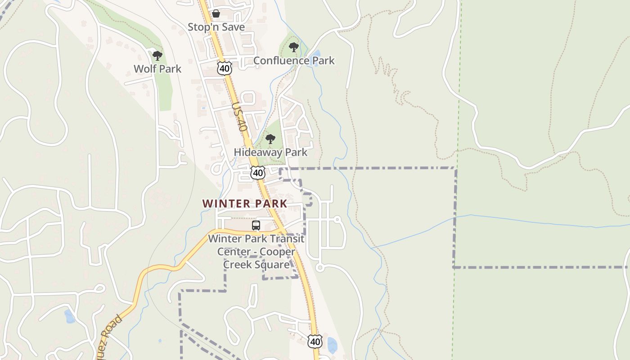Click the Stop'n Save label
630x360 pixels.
(216, 27)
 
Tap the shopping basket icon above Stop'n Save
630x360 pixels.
(216, 13)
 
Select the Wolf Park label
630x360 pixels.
(157, 69)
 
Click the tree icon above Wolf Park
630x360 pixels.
(157, 56)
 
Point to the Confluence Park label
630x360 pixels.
(294, 60)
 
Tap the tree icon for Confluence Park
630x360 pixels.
(294, 47)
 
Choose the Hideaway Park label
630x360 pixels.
(270, 152)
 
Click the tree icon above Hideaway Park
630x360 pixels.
(270, 139)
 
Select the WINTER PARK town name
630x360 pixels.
(244, 203)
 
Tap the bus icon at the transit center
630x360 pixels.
(256, 225)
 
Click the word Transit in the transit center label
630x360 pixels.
(287, 238)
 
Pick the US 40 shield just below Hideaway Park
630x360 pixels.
(258, 172)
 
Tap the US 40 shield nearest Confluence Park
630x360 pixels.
(224, 68)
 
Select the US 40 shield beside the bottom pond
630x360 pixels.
(315, 342)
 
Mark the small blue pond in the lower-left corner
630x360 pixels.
(69, 317)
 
